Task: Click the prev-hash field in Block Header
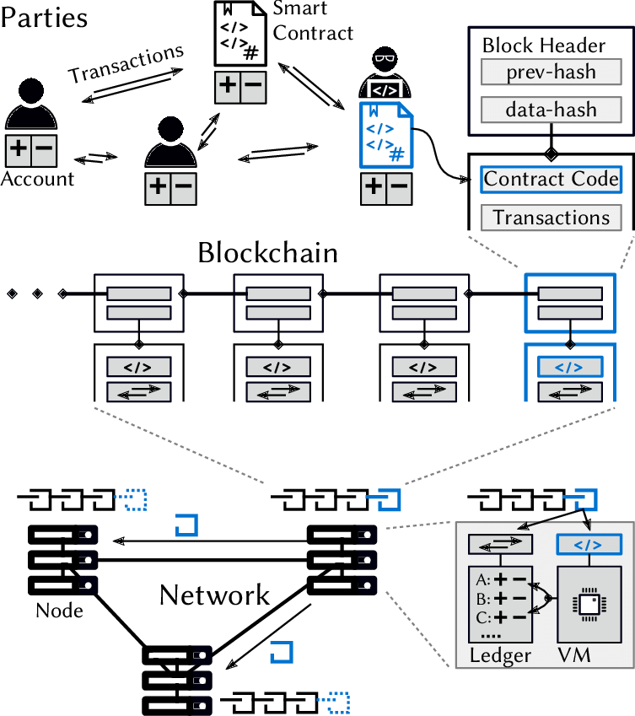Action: coord(551,72)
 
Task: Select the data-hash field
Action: coord(551,109)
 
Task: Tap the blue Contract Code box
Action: coord(551,179)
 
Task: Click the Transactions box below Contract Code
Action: coord(551,218)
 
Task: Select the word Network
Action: coord(215,595)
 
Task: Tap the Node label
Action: coord(59,610)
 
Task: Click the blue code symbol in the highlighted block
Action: coord(569,368)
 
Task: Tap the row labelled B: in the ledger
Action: coord(497,600)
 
